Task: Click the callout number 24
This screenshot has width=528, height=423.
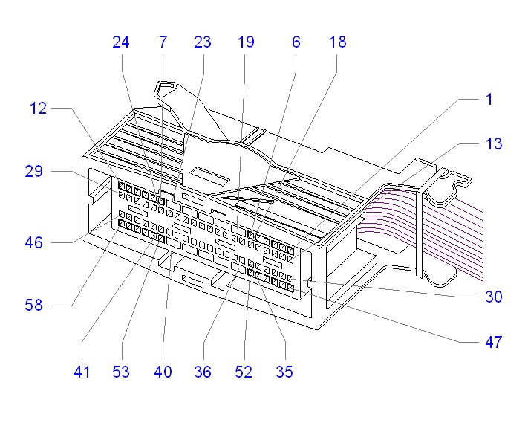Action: click(121, 42)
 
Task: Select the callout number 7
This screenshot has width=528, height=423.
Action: click(163, 42)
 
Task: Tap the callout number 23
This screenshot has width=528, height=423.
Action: click(203, 42)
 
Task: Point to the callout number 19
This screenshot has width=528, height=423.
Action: click(246, 42)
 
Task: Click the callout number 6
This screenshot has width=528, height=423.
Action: click(296, 42)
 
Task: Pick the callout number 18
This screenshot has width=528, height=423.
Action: click(337, 42)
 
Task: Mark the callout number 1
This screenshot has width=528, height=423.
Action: click(489, 99)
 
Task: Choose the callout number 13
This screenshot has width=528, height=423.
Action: click(493, 143)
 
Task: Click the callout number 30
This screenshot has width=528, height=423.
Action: click(494, 297)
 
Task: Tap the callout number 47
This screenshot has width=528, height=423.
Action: click(494, 343)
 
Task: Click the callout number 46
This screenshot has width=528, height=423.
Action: click(34, 242)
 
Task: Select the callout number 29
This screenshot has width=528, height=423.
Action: click(34, 172)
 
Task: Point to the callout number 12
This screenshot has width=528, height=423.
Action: click(39, 109)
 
